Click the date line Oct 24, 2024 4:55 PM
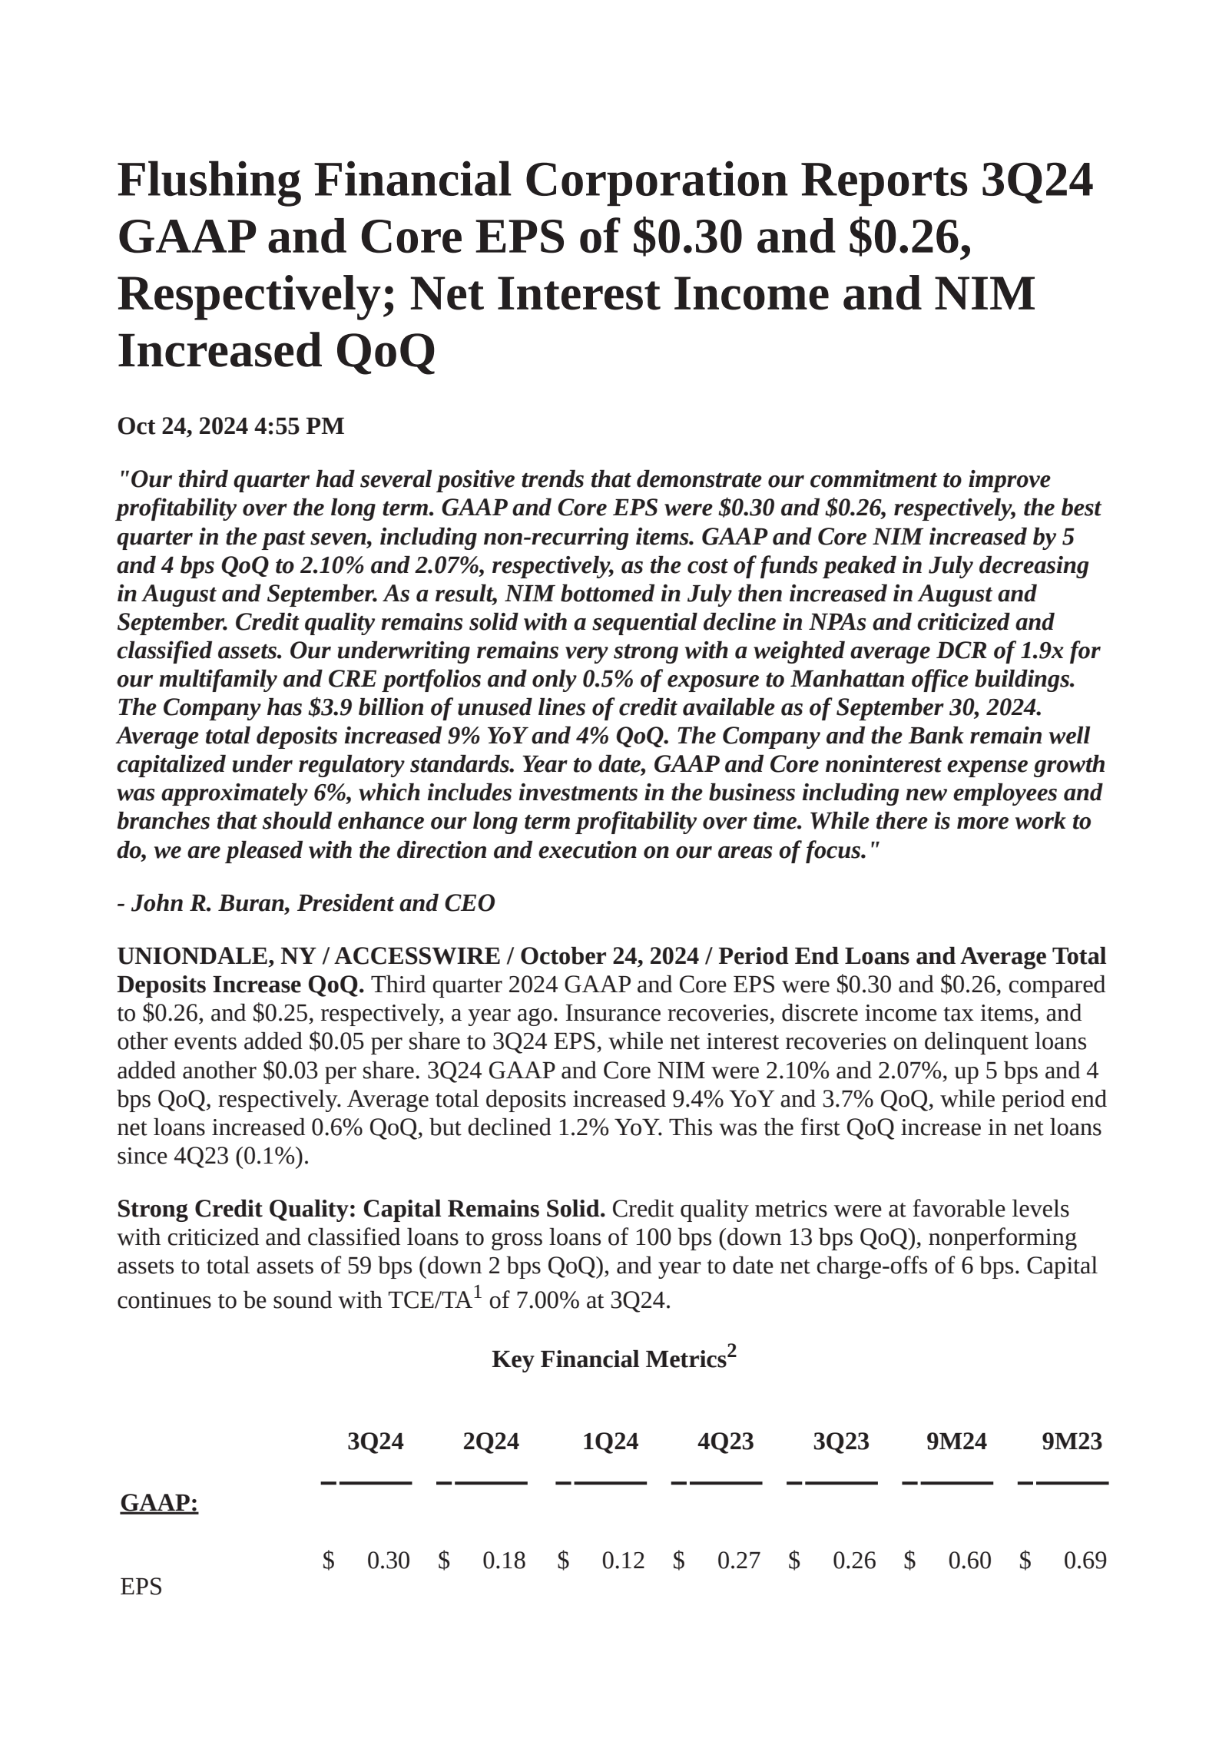coord(230,426)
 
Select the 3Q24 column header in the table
coord(375,1442)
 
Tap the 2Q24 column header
coord(491,1442)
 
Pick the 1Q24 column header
coord(610,1442)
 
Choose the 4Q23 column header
coord(725,1442)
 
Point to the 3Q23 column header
coord(841,1442)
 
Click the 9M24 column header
coord(956,1442)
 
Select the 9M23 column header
coord(1072,1442)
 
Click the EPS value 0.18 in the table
coord(504,1561)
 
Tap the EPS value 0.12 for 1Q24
coord(623,1561)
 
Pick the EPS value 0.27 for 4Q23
coord(738,1561)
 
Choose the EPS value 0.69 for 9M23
coord(1085,1561)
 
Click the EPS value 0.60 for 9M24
coord(969,1561)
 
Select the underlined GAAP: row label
coord(159,1503)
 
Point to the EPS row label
coord(141,1587)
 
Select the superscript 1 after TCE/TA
coord(477,1292)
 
